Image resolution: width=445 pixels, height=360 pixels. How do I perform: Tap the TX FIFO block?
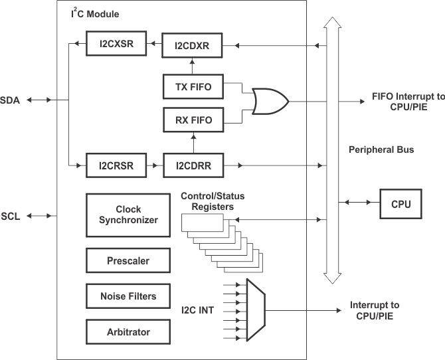(x=192, y=86)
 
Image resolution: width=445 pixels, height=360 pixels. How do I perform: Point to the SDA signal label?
(x=13, y=100)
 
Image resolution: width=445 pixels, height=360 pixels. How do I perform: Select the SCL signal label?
(x=12, y=217)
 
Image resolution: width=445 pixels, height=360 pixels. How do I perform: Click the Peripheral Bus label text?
(x=381, y=150)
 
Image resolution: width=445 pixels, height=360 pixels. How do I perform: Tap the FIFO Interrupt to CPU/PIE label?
(x=404, y=102)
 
